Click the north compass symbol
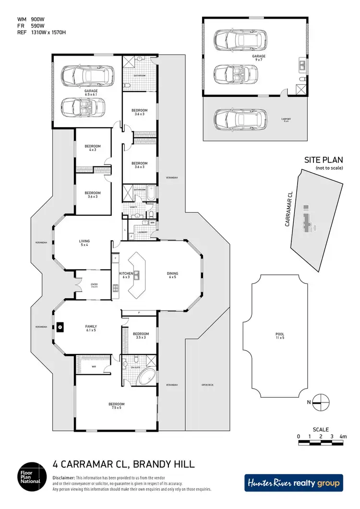[x=321, y=402]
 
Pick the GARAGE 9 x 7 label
[x=259, y=58]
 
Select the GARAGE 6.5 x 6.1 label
[x=91, y=93]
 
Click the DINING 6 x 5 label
[x=173, y=275]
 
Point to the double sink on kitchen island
[x=137, y=275]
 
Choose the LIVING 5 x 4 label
[x=84, y=243]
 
